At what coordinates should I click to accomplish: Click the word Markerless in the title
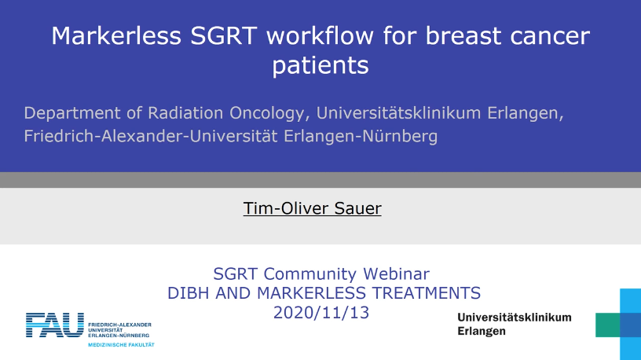click(116, 35)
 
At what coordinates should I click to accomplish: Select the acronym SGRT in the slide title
click(224, 35)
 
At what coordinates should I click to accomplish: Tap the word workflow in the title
click(320, 35)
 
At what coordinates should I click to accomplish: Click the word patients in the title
click(320, 65)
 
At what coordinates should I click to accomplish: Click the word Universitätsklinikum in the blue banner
click(398, 112)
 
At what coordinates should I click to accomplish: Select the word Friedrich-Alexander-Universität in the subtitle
click(151, 136)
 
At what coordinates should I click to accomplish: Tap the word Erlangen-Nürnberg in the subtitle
click(361, 136)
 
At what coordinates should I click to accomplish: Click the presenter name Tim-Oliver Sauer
click(313, 208)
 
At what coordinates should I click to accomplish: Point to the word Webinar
click(396, 274)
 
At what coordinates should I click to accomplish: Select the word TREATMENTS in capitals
click(427, 293)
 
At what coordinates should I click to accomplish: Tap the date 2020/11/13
click(321, 313)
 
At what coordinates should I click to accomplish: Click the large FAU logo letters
click(55, 325)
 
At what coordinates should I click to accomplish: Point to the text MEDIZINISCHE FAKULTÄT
click(121, 345)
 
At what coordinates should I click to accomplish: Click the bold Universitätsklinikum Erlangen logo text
click(515, 324)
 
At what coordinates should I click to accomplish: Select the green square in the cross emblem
click(607, 325)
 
